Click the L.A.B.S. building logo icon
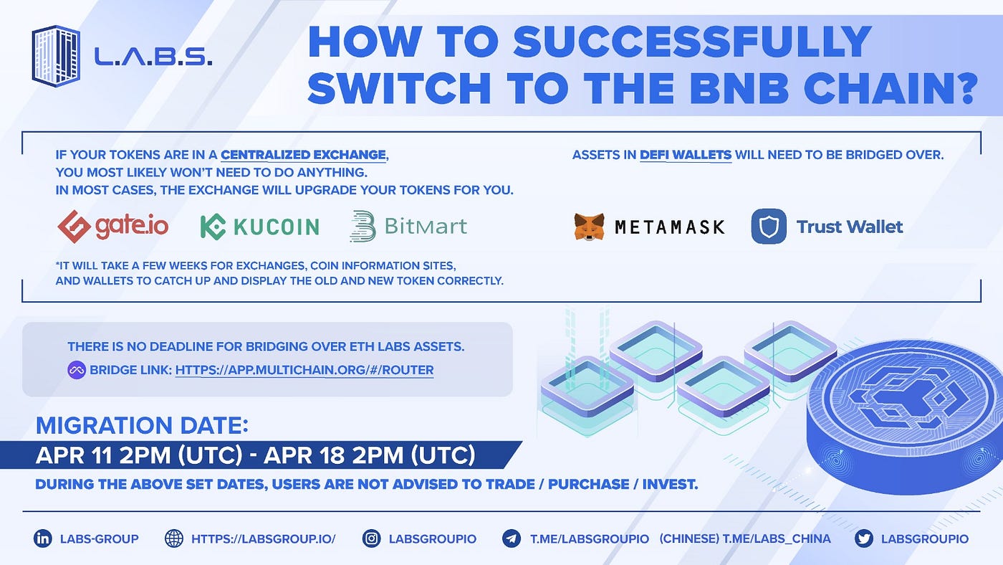55,55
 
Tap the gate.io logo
113,227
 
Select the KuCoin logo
259,227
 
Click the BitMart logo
408,227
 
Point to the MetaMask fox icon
589,227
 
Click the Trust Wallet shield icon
769,227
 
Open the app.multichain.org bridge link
304,370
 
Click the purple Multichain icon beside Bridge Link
77,370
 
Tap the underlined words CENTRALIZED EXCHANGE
304,154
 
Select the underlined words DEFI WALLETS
686,154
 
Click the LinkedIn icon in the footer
43,538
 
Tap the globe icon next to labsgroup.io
174,538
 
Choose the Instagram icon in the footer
371,538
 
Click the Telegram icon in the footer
511,538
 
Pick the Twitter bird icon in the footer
863,538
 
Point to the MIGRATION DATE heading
142,425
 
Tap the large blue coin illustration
906,416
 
